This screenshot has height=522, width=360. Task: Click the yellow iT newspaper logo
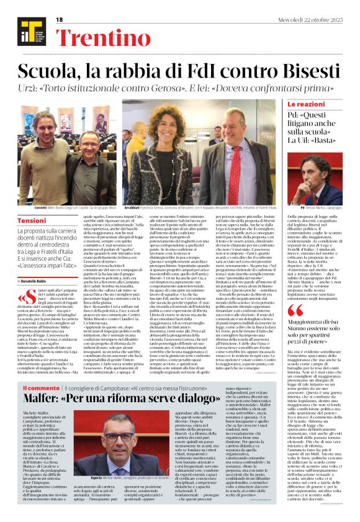[27, 30]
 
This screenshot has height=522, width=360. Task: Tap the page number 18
[60, 20]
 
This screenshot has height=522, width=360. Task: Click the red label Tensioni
[32, 220]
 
